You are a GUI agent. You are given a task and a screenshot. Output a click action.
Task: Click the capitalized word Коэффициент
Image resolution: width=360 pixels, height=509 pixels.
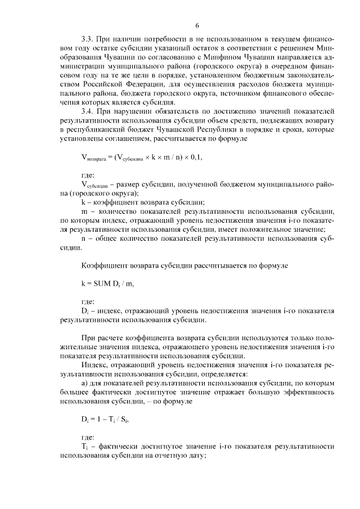coord(103,263)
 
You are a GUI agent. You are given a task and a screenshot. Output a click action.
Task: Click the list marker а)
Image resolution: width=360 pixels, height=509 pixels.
coord(85,384)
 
